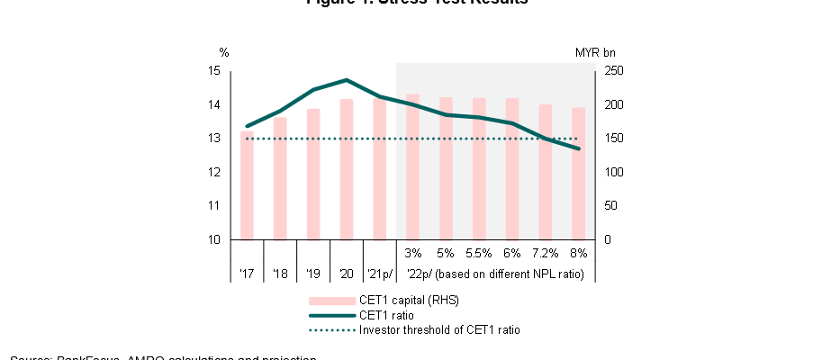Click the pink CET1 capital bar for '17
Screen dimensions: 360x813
click(247, 185)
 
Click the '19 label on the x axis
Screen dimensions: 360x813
click(313, 274)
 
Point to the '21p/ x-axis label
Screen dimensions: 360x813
click(380, 274)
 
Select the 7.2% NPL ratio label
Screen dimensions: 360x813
click(546, 254)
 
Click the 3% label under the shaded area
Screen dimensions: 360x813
click(413, 254)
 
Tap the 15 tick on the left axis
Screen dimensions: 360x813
click(213, 71)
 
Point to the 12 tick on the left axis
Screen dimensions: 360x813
click(213, 173)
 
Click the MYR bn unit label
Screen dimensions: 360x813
click(595, 52)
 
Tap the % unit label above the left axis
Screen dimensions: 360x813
click(224, 52)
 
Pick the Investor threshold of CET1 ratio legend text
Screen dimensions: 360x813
click(439, 330)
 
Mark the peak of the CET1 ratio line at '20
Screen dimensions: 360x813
click(347, 80)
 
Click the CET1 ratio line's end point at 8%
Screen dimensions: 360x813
click(578, 148)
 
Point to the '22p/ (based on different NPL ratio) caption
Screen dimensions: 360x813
click(495, 274)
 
